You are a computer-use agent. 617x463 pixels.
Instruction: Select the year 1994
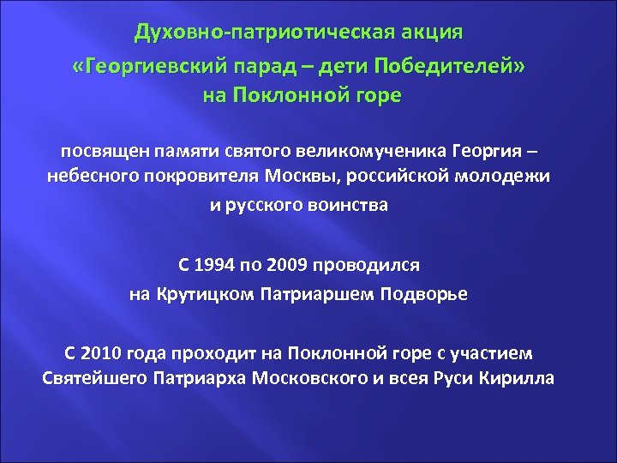[x=220, y=267]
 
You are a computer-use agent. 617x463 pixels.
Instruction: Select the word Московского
[x=315, y=378]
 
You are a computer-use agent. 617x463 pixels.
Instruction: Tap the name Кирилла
[x=517, y=378]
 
